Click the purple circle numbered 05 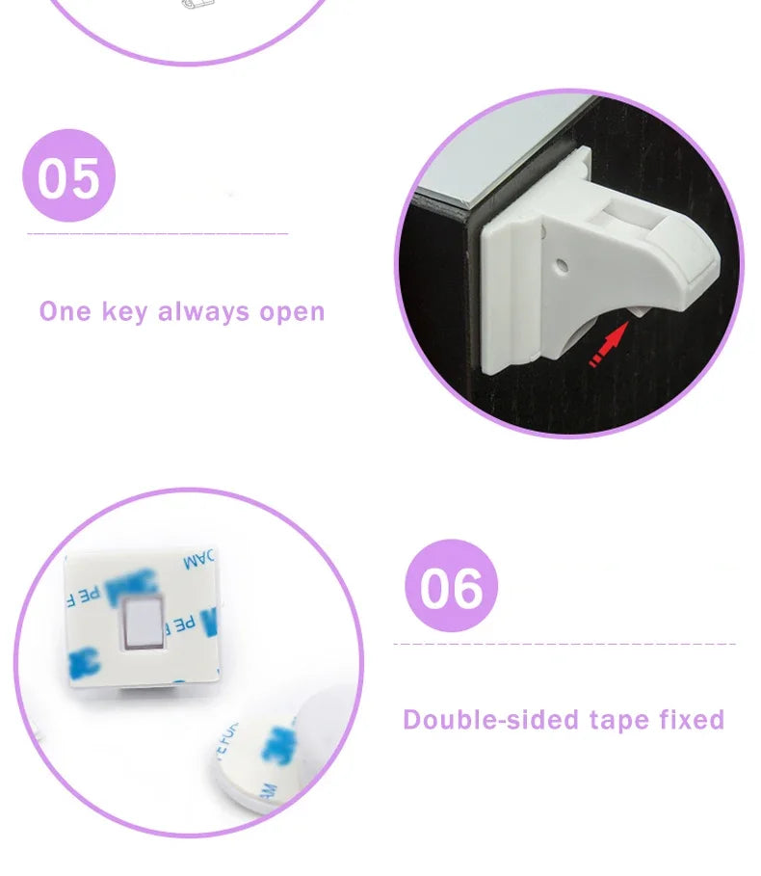[68, 176]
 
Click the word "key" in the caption [123, 312]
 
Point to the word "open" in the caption [292, 312]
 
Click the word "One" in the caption [65, 312]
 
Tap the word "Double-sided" [488, 720]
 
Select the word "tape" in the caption [616, 720]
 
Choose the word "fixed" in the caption [692, 720]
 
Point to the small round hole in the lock [563, 261]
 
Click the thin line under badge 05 [158, 233]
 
